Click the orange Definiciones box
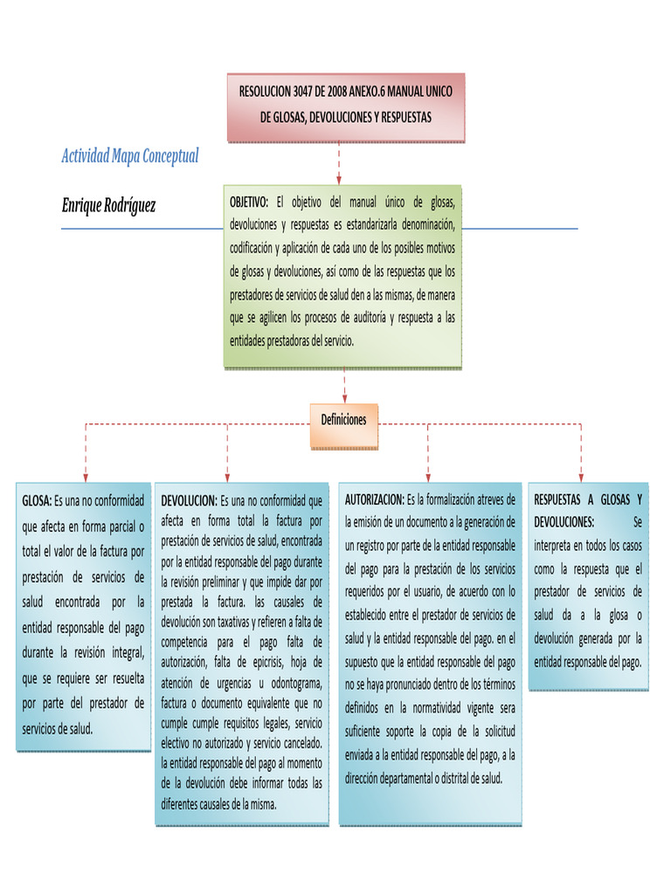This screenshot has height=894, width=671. (x=343, y=420)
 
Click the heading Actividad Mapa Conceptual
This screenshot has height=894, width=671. (x=130, y=156)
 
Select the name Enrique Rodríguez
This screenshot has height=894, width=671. (x=108, y=205)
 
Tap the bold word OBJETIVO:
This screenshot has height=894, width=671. (x=249, y=203)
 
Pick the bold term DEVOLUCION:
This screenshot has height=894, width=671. (x=189, y=501)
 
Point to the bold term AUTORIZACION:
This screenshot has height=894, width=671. (x=374, y=500)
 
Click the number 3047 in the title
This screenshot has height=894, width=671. (x=308, y=91)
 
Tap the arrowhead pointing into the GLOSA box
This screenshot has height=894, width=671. (x=85, y=476)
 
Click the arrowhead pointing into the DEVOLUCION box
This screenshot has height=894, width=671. (x=228, y=476)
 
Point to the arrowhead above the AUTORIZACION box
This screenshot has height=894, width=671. (x=428, y=476)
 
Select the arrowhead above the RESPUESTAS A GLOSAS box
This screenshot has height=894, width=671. (x=581, y=476)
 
